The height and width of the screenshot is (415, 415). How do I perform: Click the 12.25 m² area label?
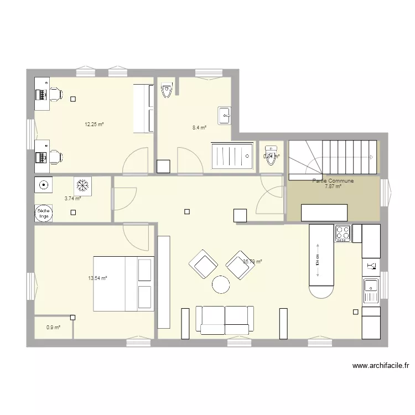coord(94,124)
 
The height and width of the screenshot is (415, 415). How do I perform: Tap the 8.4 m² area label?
coord(199,128)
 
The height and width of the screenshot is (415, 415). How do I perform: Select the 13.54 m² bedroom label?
coord(97,278)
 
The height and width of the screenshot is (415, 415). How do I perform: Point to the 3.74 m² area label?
coord(72,198)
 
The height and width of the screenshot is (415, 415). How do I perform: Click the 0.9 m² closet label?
coord(53,328)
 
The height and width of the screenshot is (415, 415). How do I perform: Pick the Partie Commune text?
coord(333,181)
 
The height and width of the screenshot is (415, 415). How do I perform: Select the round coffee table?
coord(221,285)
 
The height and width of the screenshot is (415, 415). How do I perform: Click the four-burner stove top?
coord(343,233)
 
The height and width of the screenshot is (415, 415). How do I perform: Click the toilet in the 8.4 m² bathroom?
coord(167,90)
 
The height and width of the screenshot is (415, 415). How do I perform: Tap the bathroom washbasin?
coord(225,115)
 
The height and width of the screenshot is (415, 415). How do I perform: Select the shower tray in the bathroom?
coord(233,157)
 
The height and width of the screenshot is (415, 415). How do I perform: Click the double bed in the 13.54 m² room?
coord(122,283)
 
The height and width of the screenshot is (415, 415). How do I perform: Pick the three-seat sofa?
coord(225,320)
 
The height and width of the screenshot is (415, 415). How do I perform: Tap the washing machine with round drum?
coord(43,184)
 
